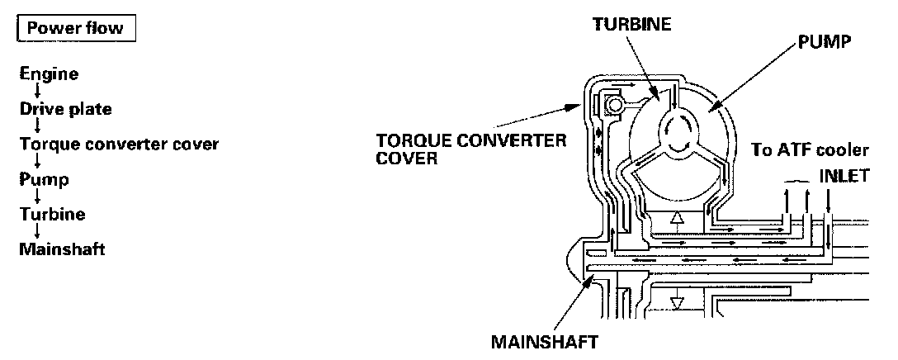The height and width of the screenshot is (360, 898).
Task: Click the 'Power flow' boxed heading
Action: (75, 28)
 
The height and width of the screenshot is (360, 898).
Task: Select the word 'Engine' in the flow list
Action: (50, 74)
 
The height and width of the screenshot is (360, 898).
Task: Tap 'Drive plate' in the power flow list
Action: (66, 109)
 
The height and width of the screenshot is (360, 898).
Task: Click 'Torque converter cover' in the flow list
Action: (119, 144)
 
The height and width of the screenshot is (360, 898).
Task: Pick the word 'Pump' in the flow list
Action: (45, 178)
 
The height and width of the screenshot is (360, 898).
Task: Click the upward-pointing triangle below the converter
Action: (677, 220)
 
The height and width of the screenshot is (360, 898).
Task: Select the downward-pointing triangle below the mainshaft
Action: (677, 303)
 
